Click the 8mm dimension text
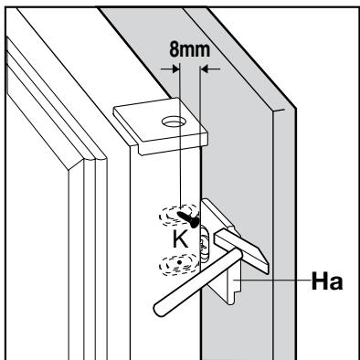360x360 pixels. tap(190, 49)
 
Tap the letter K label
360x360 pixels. tap(181, 239)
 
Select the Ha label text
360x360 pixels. tap(327, 281)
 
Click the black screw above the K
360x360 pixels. tap(189, 219)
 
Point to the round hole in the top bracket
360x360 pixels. tap(174, 122)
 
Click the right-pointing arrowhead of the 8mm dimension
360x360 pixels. tap(175, 69)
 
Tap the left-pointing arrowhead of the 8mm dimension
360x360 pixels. tap(204, 69)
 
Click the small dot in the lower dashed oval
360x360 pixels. tap(180, 262)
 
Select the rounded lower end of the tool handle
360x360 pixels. tap(160, 310)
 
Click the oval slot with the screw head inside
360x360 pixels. tap(205, 245)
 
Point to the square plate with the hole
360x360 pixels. tap(161, 126)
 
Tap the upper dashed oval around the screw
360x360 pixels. tap(179, 216)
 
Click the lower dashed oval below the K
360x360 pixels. tap(179, 264)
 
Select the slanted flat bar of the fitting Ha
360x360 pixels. tap(241, 250)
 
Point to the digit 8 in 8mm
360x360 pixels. tap(174, 49)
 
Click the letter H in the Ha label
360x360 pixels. tap(319, 281)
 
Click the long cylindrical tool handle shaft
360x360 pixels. tap(198, 281)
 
